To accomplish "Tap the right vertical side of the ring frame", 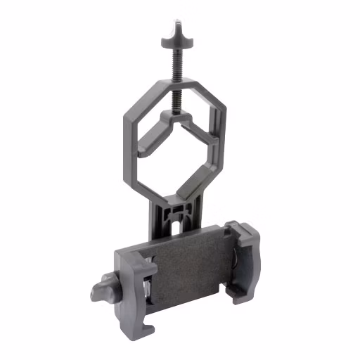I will click(x=224, y=125).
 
